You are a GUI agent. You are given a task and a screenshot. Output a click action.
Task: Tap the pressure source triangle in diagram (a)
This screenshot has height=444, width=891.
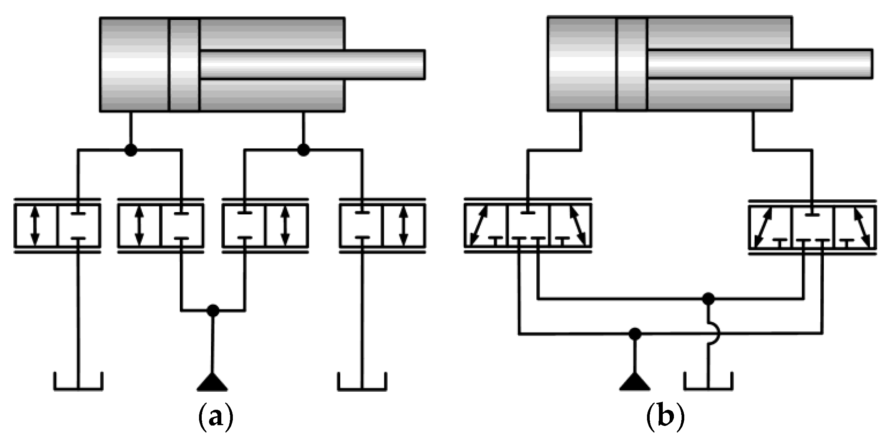pos(212,382)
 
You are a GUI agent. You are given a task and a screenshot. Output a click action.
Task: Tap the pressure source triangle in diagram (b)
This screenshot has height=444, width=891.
pos(635,382)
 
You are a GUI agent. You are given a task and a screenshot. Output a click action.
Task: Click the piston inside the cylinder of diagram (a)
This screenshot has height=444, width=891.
pos(184,65)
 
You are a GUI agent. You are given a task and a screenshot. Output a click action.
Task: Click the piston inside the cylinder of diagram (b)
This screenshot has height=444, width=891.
pos(632,65)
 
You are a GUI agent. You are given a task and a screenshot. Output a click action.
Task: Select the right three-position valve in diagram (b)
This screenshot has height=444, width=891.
pos(812,227)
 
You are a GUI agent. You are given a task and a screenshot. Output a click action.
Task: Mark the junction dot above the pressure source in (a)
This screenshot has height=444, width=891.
pos(212,310)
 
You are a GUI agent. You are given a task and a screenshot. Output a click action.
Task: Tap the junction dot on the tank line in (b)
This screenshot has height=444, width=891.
pos(708,298)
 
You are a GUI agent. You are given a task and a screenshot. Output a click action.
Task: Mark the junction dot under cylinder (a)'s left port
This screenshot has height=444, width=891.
pos(131,150)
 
